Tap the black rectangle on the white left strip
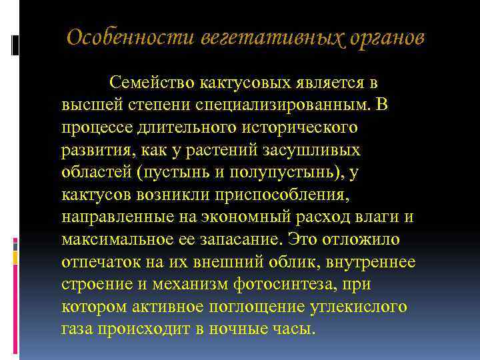coord(15,45)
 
